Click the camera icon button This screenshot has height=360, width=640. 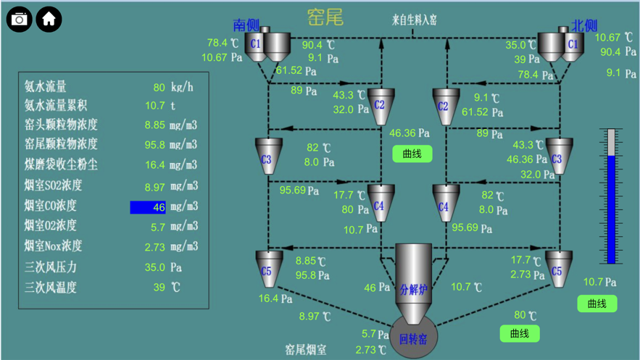(20, 19)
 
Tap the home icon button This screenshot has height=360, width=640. (49, 19)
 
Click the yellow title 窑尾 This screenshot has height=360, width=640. (325, 17)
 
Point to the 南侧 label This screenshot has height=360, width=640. (246, 25)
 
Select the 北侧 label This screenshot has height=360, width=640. (583, 25)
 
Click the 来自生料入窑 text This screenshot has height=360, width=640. (415, 20)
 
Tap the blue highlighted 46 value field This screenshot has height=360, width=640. (148, 207)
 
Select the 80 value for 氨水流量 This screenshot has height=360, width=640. (159, 88)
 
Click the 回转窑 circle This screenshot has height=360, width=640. (413, 337)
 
